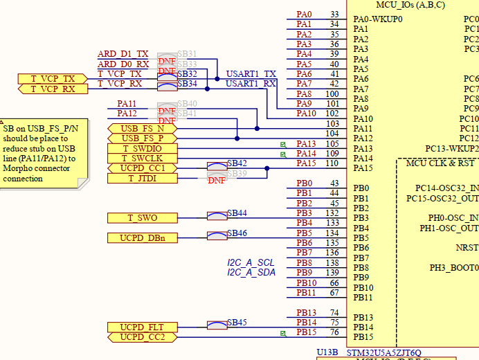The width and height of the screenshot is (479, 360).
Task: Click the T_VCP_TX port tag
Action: [x=53, y=79]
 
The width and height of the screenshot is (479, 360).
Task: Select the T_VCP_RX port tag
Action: [x=53, y=89]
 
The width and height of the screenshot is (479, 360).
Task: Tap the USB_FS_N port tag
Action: [x=143, y=129]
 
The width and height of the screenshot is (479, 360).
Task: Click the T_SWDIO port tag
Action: [x=143, y=149]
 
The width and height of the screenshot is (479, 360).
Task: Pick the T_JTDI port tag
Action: [x=143, y=179]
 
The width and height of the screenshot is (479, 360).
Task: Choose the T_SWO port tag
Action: [x=143, y=218]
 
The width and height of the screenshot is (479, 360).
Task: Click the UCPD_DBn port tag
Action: [x=143, y=238]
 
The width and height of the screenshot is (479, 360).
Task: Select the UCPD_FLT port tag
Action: [x=143, y=327]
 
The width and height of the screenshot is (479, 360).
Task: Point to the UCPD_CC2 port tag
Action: [x=143, y=337]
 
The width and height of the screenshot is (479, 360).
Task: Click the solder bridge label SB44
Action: [x=237, y=213]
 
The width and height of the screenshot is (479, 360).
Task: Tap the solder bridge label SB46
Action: [x=237, y=233]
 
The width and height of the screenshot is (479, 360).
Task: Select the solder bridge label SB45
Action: [x=237, y=323]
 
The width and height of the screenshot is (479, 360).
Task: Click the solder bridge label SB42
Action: [x=237, y=164]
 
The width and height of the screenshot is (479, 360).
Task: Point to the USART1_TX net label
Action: [x=251, y=74]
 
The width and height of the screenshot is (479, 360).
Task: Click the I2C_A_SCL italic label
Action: [x=251, y=263]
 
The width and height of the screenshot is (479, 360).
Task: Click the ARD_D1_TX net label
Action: [x=123, y=54]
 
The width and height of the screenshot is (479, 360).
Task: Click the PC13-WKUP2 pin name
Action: [x=451, y=149]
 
